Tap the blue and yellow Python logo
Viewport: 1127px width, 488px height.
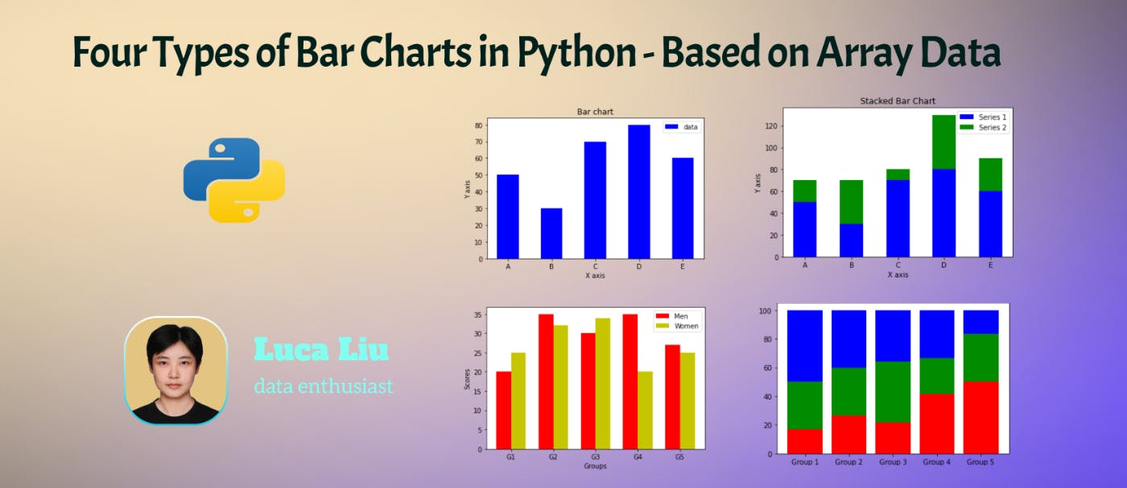(x=234, y=180)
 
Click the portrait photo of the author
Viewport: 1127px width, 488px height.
(x=176, y=370)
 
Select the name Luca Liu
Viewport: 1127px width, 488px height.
(x=321, y=350)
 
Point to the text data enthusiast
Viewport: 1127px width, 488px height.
(x=324, y=387)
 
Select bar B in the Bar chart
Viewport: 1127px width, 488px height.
(x=551, y=233)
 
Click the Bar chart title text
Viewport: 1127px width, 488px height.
(x=595, y=111)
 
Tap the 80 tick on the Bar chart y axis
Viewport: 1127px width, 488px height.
(x=478, y=125)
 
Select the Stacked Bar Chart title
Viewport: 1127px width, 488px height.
(x=898, y=101)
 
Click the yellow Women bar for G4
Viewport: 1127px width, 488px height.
(x=645, y=410)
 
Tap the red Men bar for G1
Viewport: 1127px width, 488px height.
(x=503, y=410)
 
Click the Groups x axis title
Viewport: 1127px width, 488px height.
(x=595, y=466)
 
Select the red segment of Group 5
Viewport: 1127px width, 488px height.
(x=980, y=417)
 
